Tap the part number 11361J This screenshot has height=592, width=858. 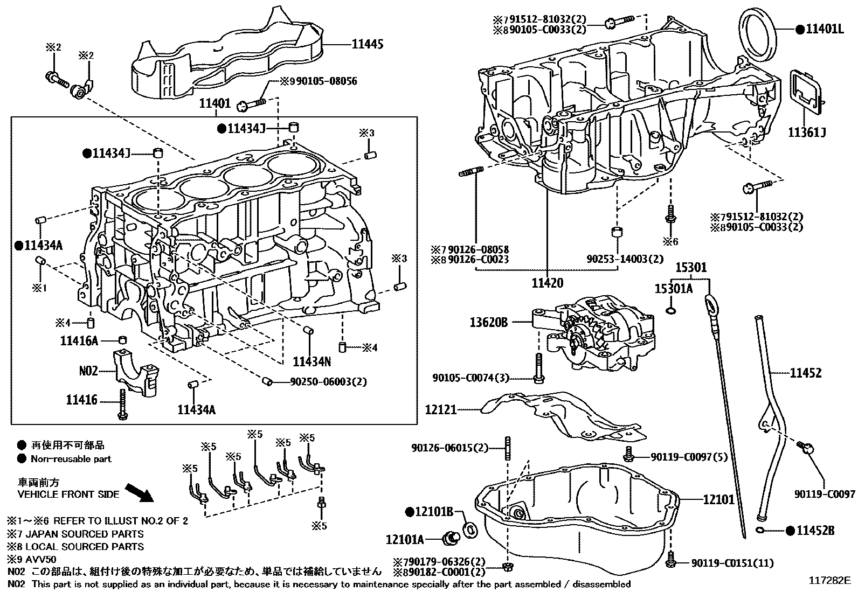(807, 132)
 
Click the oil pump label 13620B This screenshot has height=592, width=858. (489, 322)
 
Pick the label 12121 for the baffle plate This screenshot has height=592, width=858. (440, 410)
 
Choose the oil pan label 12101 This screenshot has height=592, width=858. (718, 499)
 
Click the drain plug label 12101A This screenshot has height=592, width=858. (405, 539)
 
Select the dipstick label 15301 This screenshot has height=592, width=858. (691, 268)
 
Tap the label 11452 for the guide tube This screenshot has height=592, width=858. (806, 373)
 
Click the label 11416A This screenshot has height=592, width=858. (79, 340)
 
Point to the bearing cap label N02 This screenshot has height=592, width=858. (88, 371)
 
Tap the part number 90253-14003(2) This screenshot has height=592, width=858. (625, 259)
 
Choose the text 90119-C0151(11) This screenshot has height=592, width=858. (732, 563)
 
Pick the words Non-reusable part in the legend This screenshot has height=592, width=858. (71, 459)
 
